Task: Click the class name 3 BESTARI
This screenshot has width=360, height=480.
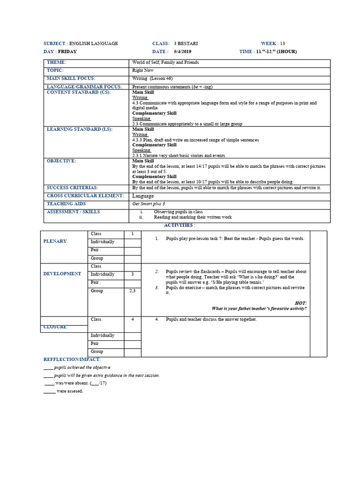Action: (185, 44)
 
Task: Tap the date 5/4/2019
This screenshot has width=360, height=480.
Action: (183, 52)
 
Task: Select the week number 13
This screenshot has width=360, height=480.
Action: (283, 44)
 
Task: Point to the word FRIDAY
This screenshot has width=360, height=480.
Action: (67, 52)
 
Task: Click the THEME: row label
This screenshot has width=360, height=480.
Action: (56, 62)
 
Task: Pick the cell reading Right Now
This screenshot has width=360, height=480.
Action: (143, 70)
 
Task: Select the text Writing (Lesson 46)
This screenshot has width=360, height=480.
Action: (149, 78)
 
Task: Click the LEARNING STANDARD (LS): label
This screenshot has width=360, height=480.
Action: (80, 129)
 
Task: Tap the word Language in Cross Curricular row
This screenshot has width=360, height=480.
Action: (143, 196)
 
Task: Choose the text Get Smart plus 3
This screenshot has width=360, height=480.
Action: (149, 204)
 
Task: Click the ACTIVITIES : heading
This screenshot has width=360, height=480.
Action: (180, 225)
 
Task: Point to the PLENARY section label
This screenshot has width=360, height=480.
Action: (55, 241)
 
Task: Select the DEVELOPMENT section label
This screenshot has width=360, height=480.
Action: (62, 274)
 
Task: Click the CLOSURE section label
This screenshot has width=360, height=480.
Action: (55, 327)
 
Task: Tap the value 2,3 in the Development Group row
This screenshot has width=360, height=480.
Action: (133, 291)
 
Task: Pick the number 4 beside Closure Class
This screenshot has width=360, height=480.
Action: (133, 319)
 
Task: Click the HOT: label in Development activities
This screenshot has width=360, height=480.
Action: (300, 303)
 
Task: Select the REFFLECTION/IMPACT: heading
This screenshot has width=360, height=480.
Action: (72, 359)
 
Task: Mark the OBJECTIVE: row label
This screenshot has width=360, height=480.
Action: (61, 161)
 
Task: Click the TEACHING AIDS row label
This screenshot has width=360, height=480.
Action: (67, 204)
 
